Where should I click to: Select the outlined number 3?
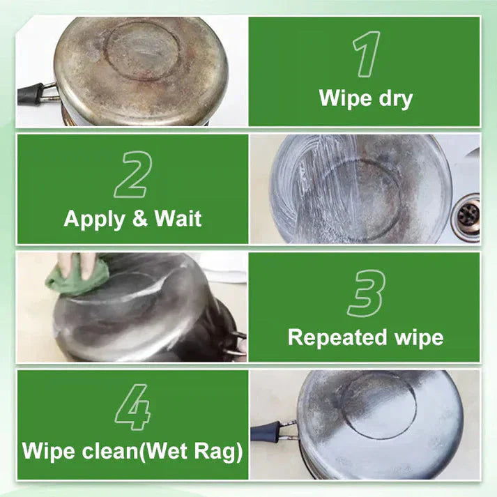(x=366, y=292)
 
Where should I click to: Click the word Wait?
(x=178, y=219)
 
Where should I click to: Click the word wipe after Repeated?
(x=415, y=338)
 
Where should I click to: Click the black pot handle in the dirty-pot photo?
(x=31, y=93)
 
